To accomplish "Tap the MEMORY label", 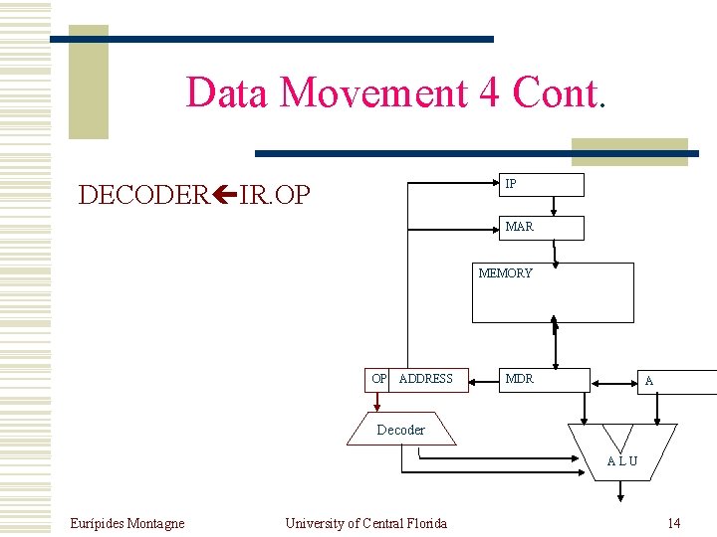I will tap(505, 273).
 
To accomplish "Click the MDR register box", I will tap(543, 379).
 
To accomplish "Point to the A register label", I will tap(649, 381).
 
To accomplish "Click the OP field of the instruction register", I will tap(378, 379).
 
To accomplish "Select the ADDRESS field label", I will tap(425, 379).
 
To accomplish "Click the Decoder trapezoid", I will tap(401, 430).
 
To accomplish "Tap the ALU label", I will tap(622, 461).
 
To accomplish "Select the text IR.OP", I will tap(275, 195).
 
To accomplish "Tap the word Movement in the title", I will tap(374, 92).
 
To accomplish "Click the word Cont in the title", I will tap(554, 92).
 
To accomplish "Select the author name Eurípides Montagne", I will tap(126, 523).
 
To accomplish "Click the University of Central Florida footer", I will tap(365, 523).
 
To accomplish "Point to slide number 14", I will tap(674, 523).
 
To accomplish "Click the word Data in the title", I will tap(228, 92).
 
